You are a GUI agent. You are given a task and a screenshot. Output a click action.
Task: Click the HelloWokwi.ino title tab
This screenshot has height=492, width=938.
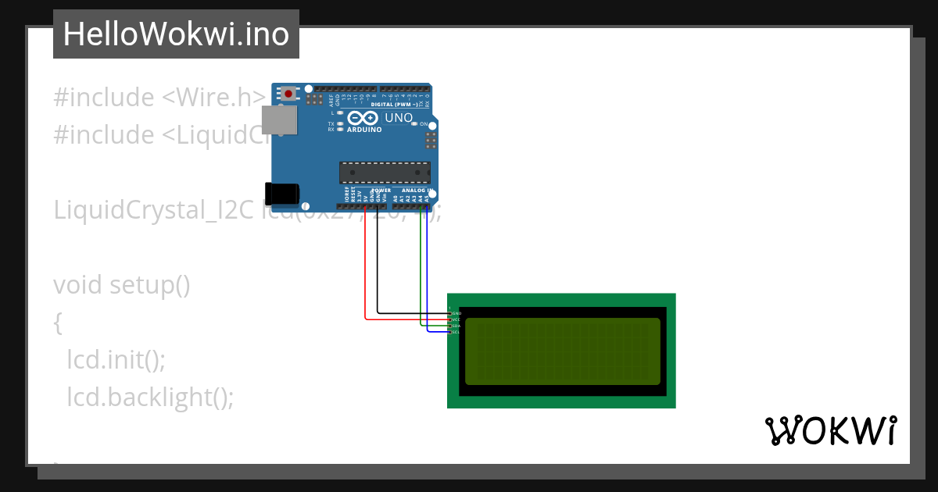(176, 34)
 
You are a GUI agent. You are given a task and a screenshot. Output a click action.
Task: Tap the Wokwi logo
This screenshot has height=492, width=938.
(831, 431)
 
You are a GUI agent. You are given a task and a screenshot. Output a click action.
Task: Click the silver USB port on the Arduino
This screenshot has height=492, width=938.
(279, 119)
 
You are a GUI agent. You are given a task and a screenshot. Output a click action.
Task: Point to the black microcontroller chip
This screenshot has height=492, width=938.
(385, 172)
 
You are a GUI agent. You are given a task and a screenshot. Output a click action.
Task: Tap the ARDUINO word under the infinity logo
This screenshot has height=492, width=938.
(363, 130)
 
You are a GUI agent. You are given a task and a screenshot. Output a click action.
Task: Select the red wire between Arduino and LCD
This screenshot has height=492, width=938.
(365, 266)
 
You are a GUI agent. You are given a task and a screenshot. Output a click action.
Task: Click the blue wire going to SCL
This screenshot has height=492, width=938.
(428, 273)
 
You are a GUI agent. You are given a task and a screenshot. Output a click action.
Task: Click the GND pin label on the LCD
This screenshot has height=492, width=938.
(456, 313)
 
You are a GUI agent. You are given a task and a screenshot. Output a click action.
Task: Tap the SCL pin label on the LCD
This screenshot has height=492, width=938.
(456, 332)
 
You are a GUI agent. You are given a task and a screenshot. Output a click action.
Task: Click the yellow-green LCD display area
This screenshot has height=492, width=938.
(562, 351)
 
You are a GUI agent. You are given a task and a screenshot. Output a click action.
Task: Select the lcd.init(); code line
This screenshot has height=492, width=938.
(116, 360)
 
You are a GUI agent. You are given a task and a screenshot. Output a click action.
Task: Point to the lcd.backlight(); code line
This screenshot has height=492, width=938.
(150, 398)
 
